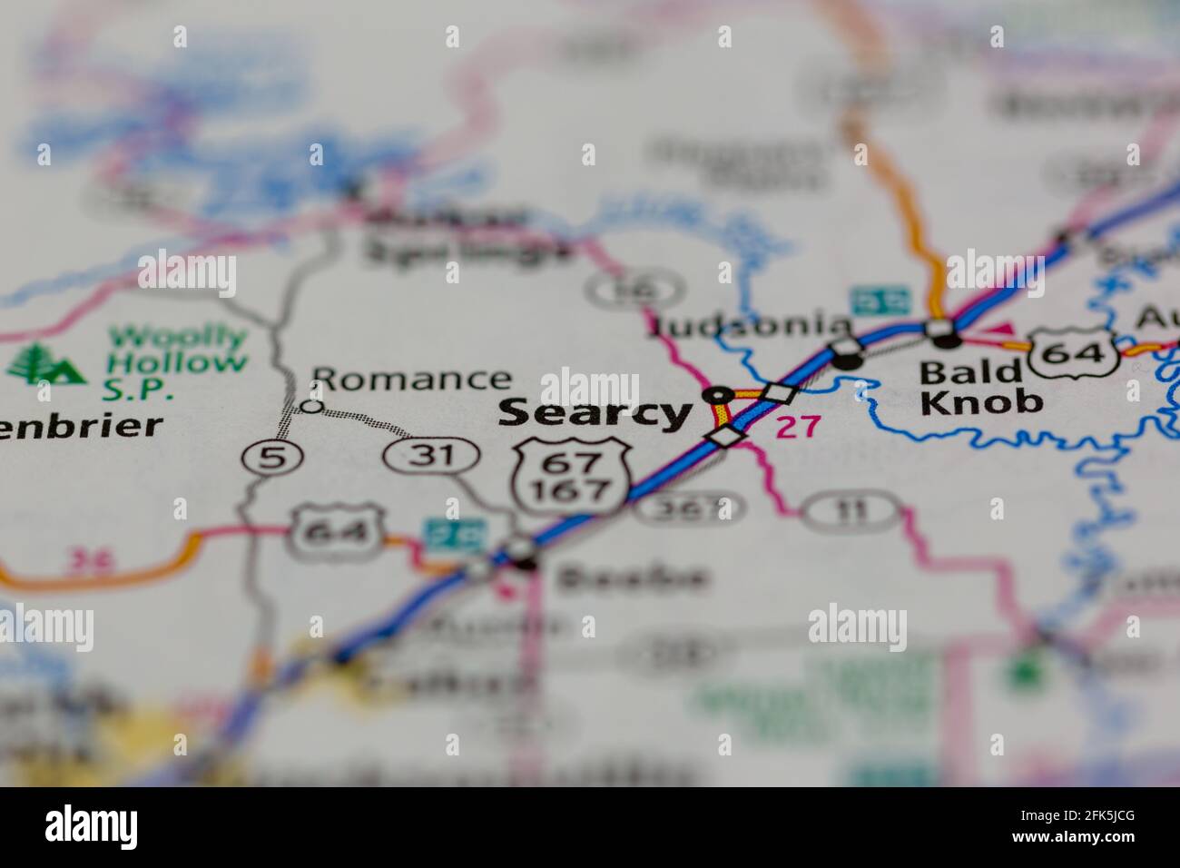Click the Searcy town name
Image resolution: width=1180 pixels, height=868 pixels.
point(594,413)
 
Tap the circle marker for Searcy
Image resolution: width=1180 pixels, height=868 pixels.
point(718,395)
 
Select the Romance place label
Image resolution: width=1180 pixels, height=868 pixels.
point(411,379)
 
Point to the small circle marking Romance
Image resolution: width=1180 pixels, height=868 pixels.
point(311,406)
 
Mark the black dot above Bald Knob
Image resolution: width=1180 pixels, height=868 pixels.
point(947,340)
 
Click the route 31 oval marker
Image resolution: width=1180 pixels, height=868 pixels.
point(430,454)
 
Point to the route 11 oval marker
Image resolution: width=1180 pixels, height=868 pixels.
point(851,510)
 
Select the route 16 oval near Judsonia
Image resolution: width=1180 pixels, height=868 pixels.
point(633,290)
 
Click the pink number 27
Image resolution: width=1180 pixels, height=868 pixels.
point(797,427)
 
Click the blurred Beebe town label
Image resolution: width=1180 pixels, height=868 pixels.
point(632,577)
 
